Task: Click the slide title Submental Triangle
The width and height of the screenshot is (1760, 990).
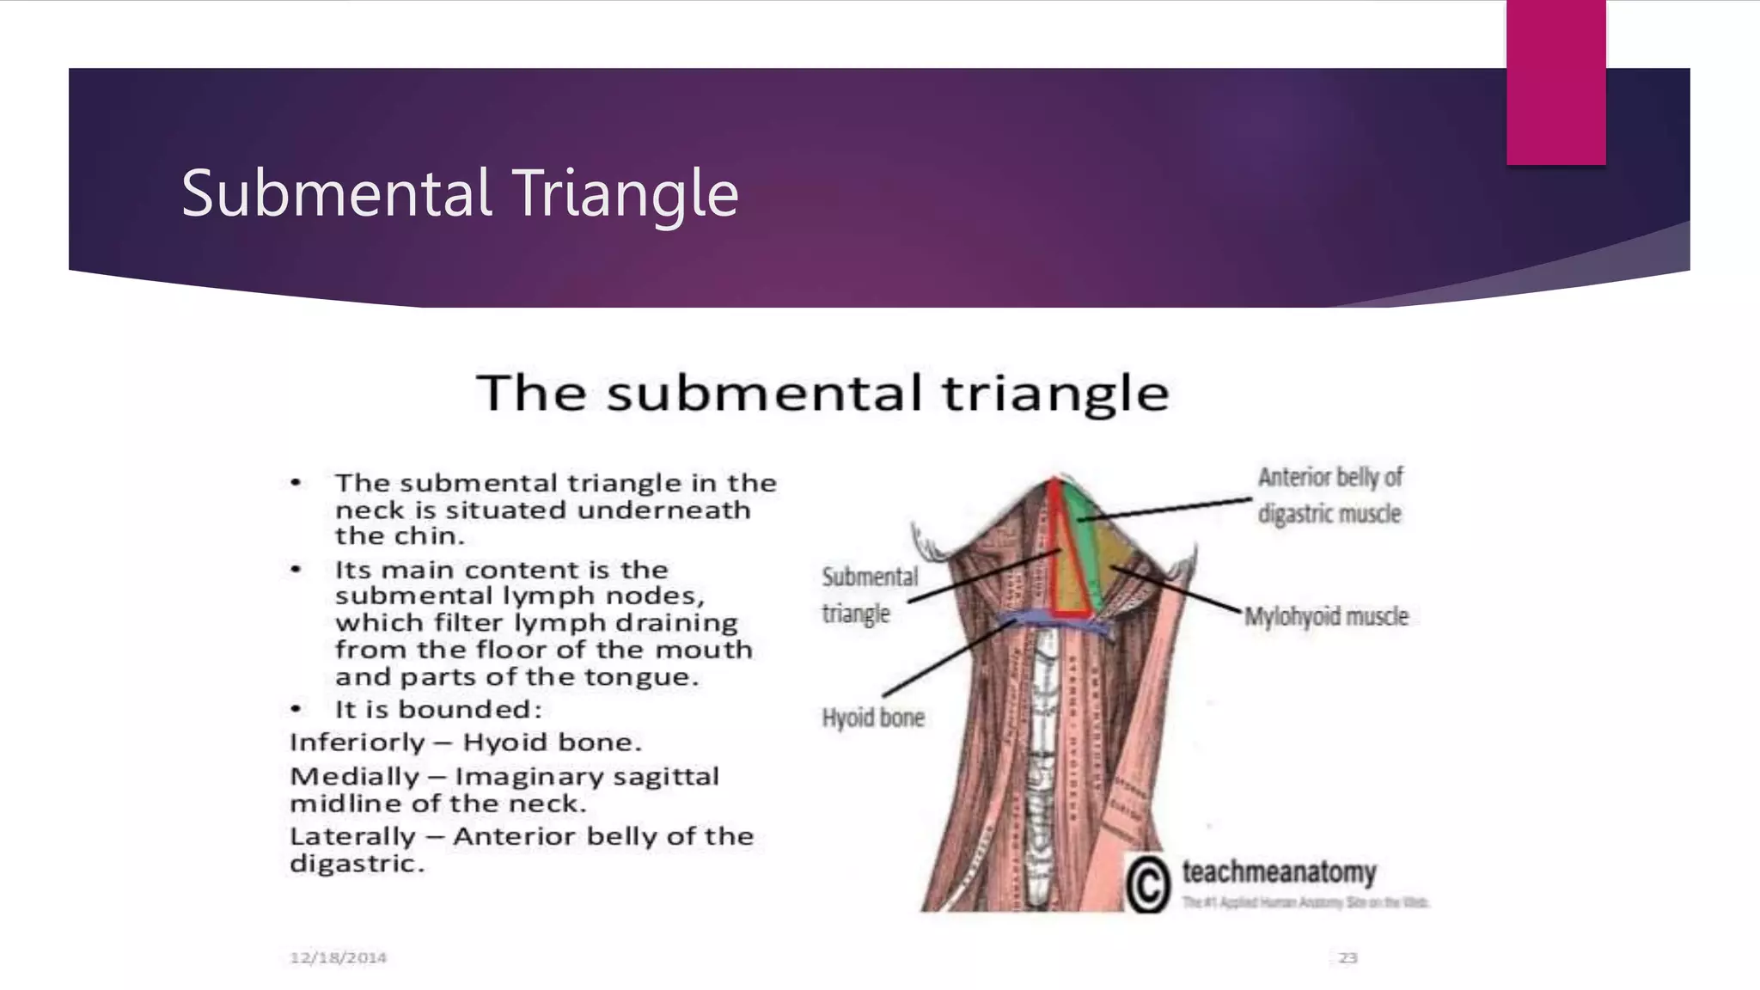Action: (x=460, y=194)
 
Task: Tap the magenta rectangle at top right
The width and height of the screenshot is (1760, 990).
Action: (x=1555, y=82)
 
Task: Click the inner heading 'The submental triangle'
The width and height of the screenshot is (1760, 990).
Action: (x=822, y=393)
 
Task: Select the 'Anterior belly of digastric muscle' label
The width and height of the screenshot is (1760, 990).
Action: (x=1329, y=495)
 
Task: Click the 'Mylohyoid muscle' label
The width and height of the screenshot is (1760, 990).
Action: (x=1326, y=616)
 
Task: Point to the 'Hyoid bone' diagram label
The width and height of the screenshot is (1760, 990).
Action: (x=872, y=718)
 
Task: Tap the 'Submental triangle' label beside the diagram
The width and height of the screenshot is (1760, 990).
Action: (x=869, y=595)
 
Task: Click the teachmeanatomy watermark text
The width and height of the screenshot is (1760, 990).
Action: (x=1279, y=871)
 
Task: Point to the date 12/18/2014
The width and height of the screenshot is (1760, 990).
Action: (x=338, y=957)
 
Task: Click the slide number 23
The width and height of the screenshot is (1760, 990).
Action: (x=1347, y=957)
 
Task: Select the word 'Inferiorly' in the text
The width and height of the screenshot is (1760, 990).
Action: (x=357, y=742)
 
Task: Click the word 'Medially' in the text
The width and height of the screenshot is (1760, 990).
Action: (x=354, y=777)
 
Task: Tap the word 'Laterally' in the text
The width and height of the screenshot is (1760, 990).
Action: (x=352, y=836)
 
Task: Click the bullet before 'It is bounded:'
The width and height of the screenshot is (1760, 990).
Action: (x=296, y=710)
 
